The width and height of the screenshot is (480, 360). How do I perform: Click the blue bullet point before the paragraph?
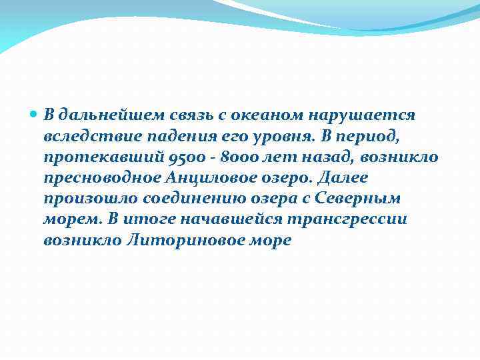click(x=35, y=115)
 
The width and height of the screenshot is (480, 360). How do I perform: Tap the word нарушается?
click(x=363, y=115)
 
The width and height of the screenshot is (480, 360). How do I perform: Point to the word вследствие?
click(x=85, y=137)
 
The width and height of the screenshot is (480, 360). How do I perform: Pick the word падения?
click(x=164, y=137)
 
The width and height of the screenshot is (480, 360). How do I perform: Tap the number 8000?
click(x=224, y=157)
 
